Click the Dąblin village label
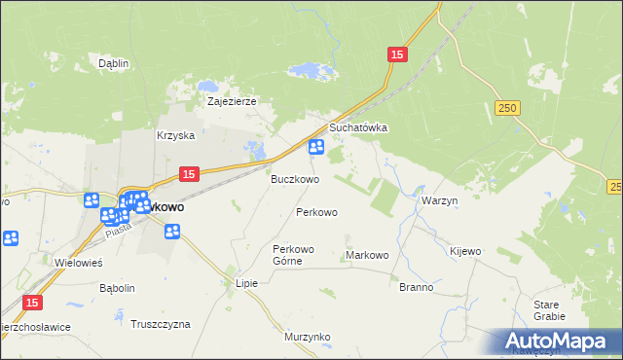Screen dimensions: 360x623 pyautogui.click(x=114, y=63)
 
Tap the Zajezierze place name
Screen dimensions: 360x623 pyautogui.click(x=231, y=100)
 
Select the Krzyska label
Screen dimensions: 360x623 pyautogui.click(x=176, y=136)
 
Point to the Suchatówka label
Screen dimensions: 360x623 pyautogui.click(x=358, y=127)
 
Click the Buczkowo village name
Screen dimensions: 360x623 pyautogui.click(x=294, y=179)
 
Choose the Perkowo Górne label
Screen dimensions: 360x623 pyautogui.click(x=294, y=254)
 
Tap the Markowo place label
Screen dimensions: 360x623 pyautogui.click(x=367, y=255)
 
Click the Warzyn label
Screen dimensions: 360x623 pyautogui.click(x=440, y=200)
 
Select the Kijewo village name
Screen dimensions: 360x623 pyautogui.click(x=465, y=251)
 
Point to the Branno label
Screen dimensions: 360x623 pyautogui.click(x=416, y=288)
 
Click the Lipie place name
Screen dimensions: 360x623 pyautogui.click(x=246, y=283)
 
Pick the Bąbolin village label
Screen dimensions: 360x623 pyautogui.click(x=117, y=288)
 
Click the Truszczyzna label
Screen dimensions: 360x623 pyautogui.click(x=161, y=324)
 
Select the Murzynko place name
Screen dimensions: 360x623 pyautogui.click(x=308, y=337)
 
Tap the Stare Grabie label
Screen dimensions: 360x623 pyautogui.click(x=549, y=310)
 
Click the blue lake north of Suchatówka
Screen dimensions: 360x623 pyautogui.click(x=310, y=71)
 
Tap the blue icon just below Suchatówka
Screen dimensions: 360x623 pyautogui.click(x=316, y=148)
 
